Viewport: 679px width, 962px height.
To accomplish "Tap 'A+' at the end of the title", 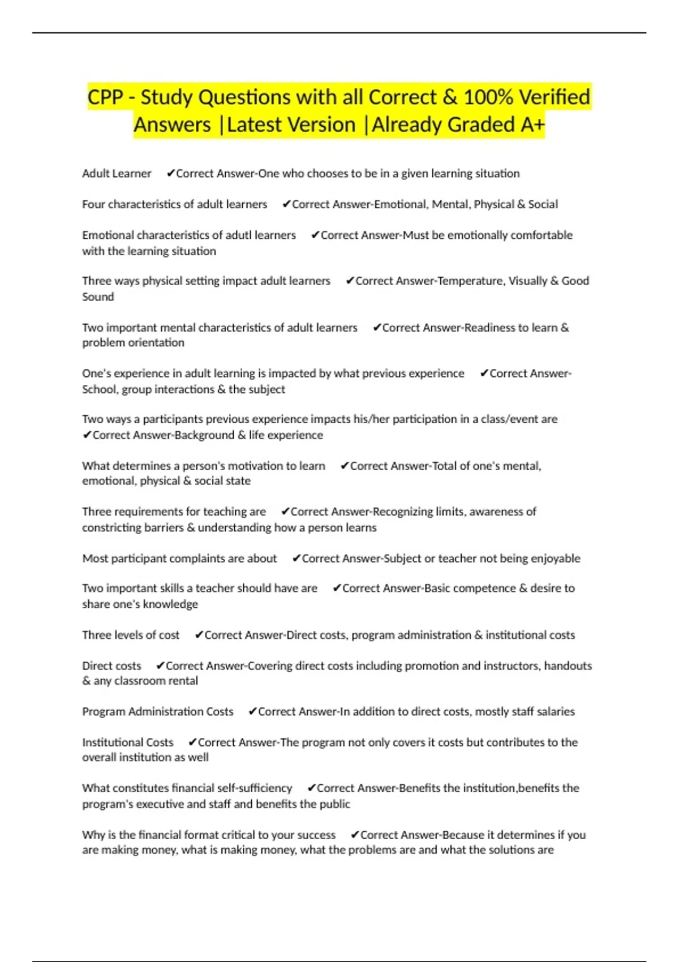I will (x=532, y=125).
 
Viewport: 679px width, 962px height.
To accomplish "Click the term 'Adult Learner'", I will (x=117, y=174).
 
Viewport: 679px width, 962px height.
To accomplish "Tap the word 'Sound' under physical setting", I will (x=98, y=297).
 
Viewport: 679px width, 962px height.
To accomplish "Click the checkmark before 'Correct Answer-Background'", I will (x=87, y=435).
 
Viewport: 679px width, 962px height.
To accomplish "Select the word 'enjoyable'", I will (x=555, y=559).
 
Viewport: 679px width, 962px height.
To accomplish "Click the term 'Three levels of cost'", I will (x=131, y=635).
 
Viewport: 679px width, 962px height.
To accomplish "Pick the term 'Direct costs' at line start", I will (x=111, y=666).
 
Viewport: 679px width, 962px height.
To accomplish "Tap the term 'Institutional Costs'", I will (x=128, y=742).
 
